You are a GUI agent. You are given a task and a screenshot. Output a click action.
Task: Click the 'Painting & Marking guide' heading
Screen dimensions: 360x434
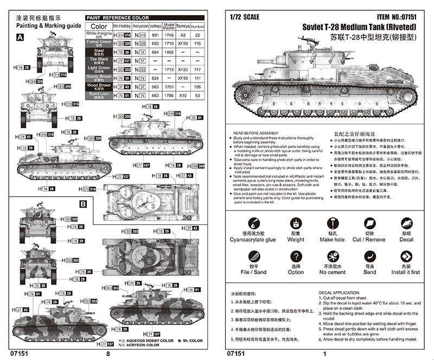(x=48, y=25)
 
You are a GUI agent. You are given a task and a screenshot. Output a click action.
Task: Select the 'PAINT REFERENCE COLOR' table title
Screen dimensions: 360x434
(x=118, y=18)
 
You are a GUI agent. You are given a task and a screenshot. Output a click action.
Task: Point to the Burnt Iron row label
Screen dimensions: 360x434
(x=99, y=95)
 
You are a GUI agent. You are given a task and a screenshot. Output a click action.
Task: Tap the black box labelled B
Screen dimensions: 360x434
(x=83, y=204)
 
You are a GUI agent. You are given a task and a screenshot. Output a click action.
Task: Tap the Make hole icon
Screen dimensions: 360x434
(x=331, y=223)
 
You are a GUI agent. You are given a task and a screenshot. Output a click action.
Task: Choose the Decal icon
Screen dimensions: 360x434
(x=406, y=223)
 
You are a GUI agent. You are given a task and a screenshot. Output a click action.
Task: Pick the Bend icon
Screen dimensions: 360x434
(x=369, y=256)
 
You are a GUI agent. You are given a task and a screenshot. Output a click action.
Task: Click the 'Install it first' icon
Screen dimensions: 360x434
(x=406, y=256)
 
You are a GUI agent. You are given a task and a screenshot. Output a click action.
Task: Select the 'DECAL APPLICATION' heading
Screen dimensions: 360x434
(x=339, y=293)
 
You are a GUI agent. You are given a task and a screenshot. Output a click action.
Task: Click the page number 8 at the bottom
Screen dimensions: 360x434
(x=108, y=354)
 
